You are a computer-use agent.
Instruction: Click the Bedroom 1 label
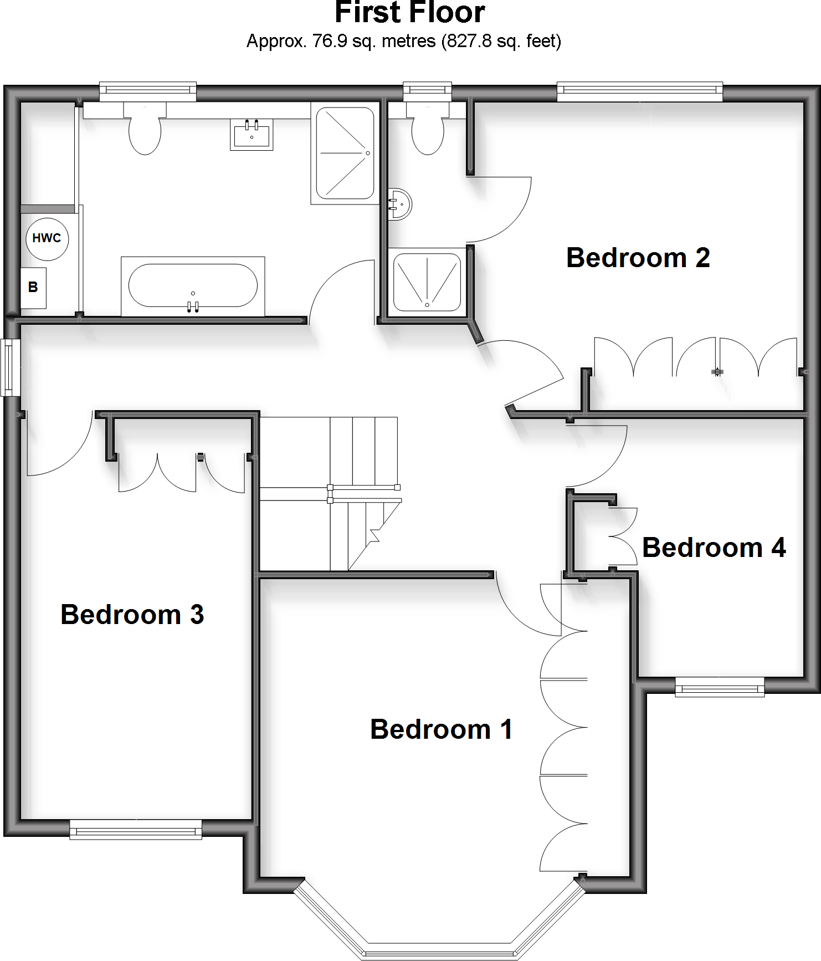click(441, 729)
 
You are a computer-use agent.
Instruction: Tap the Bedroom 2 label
click(638, 258)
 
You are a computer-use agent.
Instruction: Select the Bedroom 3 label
click(132, 615)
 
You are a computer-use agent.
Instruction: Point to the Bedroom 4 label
click(714, 548)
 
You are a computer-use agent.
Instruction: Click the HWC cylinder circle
click(47, 238)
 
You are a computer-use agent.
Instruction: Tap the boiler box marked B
click(33, 288)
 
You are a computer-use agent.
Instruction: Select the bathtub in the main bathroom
click(193, 286)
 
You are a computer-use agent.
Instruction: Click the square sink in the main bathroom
click(252, 135)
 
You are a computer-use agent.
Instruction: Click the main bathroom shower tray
click(345, 153)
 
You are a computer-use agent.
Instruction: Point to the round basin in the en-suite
click(400, 205)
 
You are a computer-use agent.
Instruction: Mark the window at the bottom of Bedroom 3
click(136, 830)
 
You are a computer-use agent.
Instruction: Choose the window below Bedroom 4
click(720, 688)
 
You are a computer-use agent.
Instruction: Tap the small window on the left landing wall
click(9, 367)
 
